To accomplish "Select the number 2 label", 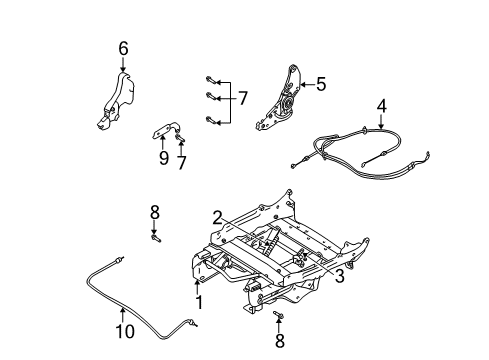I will coord(217,215).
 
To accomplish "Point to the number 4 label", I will coord(381,105).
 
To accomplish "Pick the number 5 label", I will coord(321,85).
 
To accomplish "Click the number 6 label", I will coord(123,47).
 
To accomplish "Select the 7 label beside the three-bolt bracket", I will coord(241,99).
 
